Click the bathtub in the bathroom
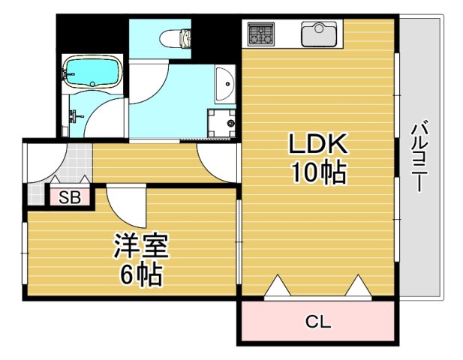tap(92, 72)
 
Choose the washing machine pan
tap(222, 122)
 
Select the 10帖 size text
tap(318, 174)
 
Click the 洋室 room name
tap(141, 246)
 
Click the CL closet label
tap(317, 322)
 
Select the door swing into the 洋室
tap(124, 206)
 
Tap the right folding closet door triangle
tap(359, 287)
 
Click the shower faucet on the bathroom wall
tap(74, 116)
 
